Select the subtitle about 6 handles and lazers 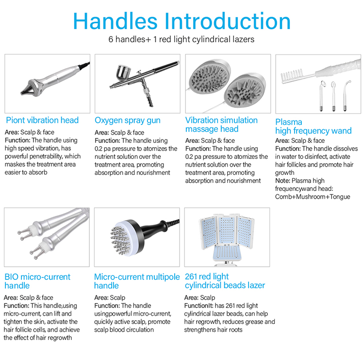pos(182,39)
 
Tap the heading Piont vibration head pos(42,120)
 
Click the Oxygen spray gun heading pos(127,120)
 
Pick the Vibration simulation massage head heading pos(221,124)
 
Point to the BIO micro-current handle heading pos(38,281)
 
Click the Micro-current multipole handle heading pos(133,281)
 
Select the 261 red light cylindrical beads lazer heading pos(225,281)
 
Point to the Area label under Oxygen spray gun pos(101,133)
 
